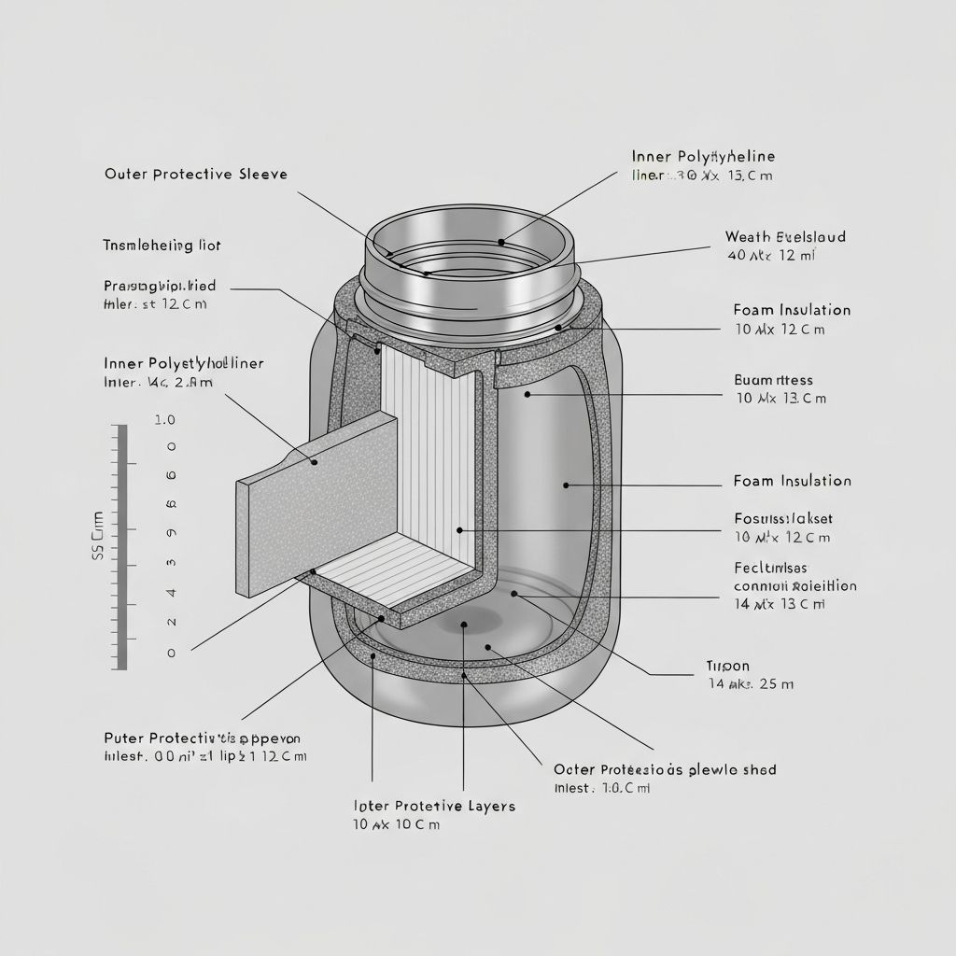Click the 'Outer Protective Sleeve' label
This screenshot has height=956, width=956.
coord(196,175)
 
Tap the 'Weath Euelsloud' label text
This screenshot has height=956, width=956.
coord(785,237)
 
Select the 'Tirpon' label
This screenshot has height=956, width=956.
coord(727,667)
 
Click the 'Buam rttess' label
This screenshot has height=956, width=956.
coord(774,380)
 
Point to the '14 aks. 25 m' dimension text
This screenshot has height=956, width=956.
coord(751,684)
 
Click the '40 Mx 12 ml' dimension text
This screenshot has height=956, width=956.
coord(771,255)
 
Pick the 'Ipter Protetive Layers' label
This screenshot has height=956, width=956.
coord(434,806)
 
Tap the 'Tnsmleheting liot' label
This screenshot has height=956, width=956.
coord(162,246)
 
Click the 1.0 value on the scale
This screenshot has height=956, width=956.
coord(164,420)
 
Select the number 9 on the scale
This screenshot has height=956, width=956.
coord(171,533)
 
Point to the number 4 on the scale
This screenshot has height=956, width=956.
coord(171,592)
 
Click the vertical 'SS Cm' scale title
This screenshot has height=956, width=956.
coord(97,536)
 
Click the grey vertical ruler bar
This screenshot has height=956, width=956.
coord(120,547)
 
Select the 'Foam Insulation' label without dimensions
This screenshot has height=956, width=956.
coord(792,481)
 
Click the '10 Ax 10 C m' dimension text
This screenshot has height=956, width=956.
coord(396,824)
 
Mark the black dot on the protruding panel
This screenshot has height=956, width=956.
coord(315,462)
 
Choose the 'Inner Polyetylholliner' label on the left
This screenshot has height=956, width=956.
coord(183,363)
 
